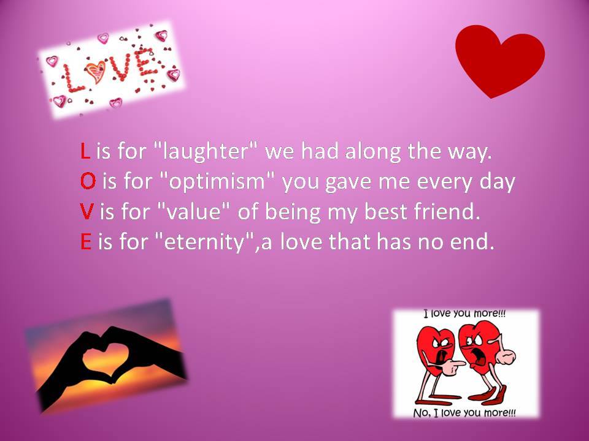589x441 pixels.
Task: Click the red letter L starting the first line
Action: click(x=85, y=151)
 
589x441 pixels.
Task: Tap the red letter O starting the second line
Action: click(x=88, y=181)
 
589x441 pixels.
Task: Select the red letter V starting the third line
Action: click(x=87, y=211)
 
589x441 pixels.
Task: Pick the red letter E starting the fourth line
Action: click(x=86, y=241)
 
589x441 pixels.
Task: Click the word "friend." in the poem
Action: click(x=447, y=211)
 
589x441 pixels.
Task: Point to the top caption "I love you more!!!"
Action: click(x=464, y=313)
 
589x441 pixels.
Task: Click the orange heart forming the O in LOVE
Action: click(x=95, y=71)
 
